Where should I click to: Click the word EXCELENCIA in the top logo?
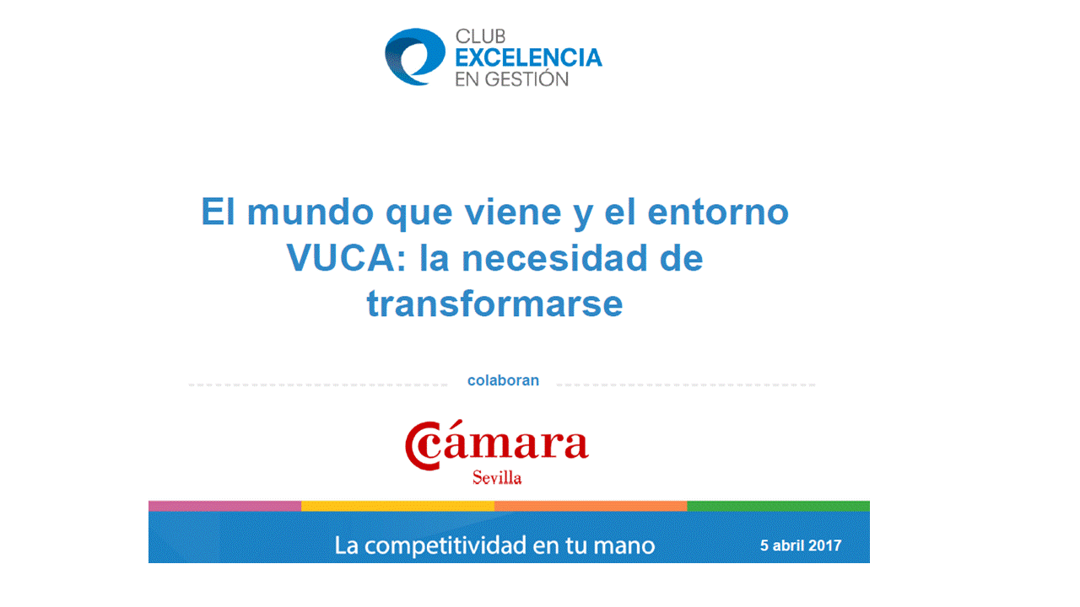(528, 57)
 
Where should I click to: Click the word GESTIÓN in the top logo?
(526, 79)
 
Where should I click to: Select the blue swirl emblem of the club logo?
(414, 56)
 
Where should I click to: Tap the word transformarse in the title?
(494, 304)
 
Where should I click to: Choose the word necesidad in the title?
(554, 258)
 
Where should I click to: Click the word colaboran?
(503, 380)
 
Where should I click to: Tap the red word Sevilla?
(497, 477)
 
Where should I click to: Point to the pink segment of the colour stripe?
(224, 506)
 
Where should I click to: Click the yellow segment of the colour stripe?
(397, 506)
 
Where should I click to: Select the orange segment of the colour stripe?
(591, 506)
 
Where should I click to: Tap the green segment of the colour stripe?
(778, 506)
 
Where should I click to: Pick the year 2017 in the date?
(824, 545)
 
